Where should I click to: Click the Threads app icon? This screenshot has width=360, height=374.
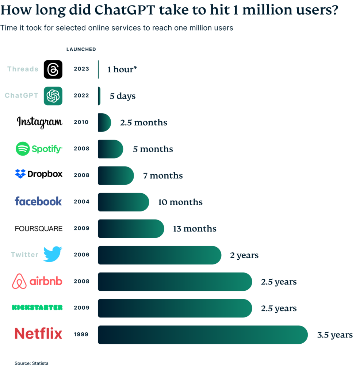(53, 69)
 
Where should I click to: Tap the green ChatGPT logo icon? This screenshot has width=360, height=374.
(53, 96)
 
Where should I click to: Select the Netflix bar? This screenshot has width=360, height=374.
(203, 335)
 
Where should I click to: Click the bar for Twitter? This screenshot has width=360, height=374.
(160, 255)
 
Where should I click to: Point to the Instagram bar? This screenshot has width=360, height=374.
(104, 122)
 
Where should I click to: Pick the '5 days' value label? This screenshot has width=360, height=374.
(123, 96)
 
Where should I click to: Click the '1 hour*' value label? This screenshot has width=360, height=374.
(122, 69)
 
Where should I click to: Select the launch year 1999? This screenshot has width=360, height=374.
(81, 334)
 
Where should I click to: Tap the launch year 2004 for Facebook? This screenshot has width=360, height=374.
(81, 202)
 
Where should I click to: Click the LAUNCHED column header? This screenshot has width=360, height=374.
(81, 49)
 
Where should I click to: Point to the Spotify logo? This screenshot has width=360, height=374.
(39, 149)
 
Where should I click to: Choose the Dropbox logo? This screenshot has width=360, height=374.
(39, 174)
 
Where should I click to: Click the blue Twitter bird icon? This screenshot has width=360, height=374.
(53, 254)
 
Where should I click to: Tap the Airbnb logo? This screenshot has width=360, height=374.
(37, 282)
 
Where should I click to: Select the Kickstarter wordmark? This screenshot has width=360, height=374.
(37, 308)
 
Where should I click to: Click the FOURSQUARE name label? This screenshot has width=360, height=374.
(39, 229)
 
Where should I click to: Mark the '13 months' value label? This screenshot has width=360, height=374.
(195, 229)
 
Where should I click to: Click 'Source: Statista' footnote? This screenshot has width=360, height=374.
(31, 363)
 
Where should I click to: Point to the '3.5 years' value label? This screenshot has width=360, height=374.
(335, 335)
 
